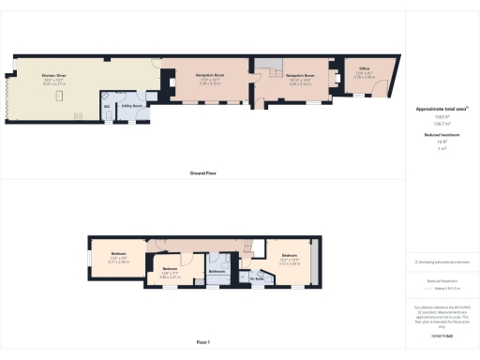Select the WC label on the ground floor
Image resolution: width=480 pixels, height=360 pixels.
coord(107,106)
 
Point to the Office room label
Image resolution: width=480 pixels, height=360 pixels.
coord(363,67)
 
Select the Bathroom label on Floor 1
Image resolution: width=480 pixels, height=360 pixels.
coord(217,271)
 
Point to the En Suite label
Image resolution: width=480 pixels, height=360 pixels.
coord(255,278)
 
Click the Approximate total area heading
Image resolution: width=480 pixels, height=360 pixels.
coord(442,110)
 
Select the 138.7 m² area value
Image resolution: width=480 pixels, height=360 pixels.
coord(441,123)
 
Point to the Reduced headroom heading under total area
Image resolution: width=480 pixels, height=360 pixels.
coord(441,135)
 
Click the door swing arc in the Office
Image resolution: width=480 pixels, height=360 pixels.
coord(379,86)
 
